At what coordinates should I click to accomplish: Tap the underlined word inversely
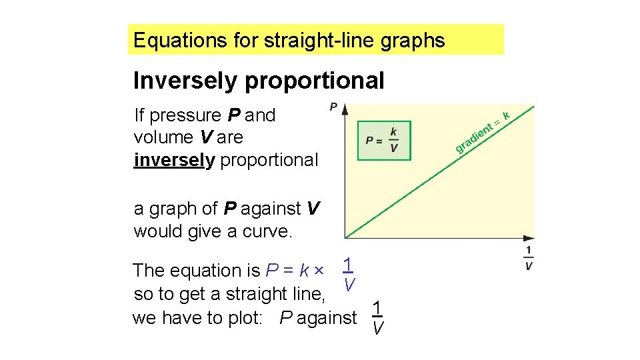click(x=174, y=160)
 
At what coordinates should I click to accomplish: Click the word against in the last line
click(x=327, y=318)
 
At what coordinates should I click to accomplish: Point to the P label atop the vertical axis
click(x=333, y=106)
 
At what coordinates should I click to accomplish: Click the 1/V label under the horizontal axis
click(x=529, y=258)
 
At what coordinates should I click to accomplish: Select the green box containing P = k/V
click(x=384, y=140)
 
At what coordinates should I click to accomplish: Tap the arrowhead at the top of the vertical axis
click(x=345, y=109)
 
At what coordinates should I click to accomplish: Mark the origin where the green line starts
click(x=345, y=237)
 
